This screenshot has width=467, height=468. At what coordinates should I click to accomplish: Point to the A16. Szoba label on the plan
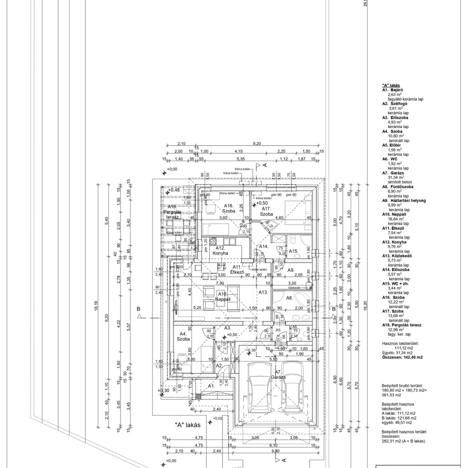[228, 208]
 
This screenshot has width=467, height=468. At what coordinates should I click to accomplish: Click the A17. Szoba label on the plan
[266, 211]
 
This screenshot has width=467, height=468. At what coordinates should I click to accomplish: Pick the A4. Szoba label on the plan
[184, 337]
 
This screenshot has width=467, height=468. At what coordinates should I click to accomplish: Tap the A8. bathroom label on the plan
[289, 298]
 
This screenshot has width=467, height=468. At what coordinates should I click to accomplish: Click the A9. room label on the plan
[291, 270]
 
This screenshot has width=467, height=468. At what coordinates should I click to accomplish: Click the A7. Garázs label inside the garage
[277, 375]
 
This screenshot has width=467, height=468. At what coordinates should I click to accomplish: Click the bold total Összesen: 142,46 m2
[402, 358]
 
